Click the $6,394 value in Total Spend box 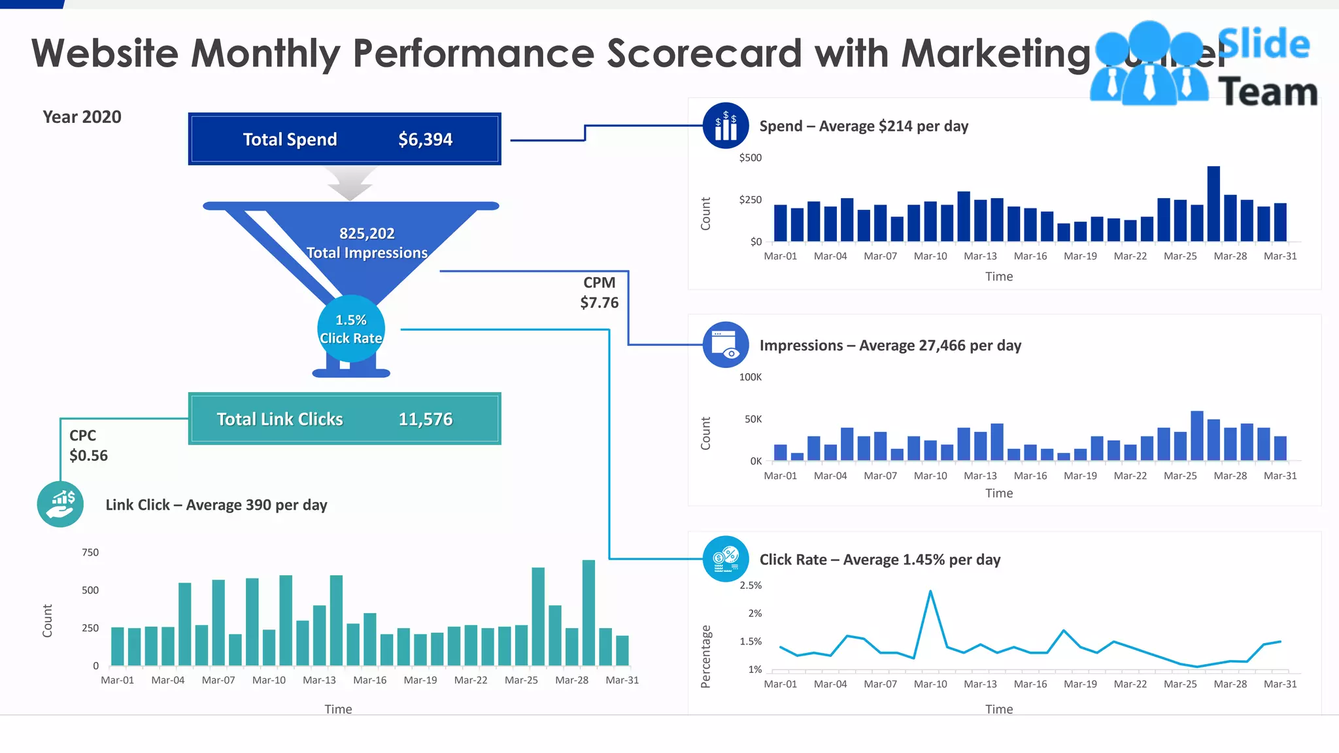425,139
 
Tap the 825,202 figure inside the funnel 367,233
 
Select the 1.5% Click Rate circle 351,329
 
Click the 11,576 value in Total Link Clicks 425,419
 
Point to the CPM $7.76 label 600,293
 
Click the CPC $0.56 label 88,446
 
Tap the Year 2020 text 82,117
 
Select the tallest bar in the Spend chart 1213,204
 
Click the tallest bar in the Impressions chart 1197,436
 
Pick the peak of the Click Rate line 930,592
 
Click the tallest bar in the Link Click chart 588,612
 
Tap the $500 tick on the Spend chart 750,158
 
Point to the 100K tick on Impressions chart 750,377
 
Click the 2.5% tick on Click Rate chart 750,585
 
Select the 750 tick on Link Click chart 90,552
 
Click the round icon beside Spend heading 725,125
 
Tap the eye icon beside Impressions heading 726,344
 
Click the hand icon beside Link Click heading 60,504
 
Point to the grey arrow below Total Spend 350,183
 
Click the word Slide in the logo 1264,44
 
